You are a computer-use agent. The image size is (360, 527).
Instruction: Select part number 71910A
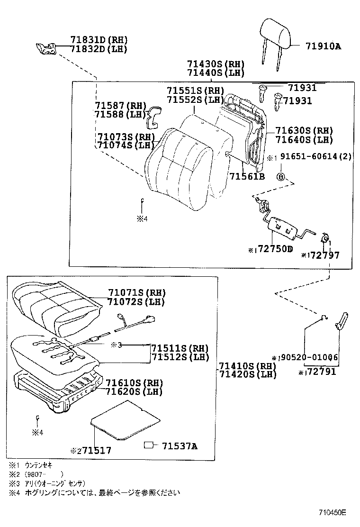point(323,46)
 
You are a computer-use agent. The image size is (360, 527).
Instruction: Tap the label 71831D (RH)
point(99,40)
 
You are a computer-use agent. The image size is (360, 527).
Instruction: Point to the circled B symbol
point(280,177)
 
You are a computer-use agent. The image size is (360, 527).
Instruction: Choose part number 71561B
point(247,177)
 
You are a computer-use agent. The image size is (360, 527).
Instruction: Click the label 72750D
point(275,249)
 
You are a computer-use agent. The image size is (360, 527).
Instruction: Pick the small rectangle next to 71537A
point(149,445)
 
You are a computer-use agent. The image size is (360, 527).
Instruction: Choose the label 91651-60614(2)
point(316,157)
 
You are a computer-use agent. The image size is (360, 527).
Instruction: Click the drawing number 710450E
point(332,513)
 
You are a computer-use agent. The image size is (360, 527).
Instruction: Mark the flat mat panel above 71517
point(126,419)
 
